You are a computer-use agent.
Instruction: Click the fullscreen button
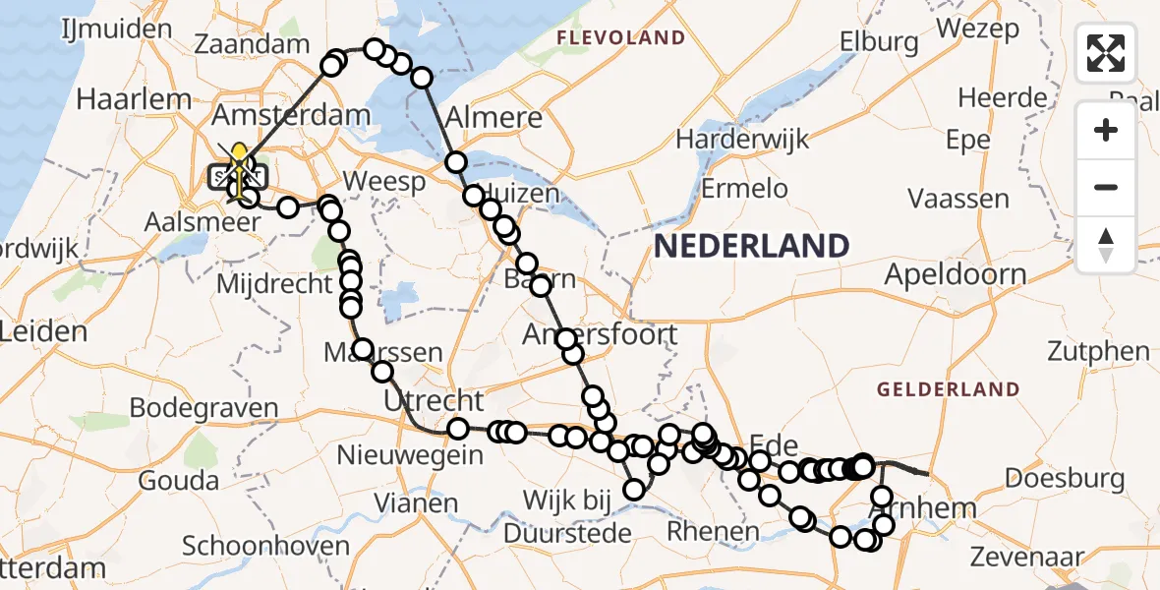(x=1106, y=53)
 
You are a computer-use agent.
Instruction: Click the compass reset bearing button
(x=1106, y=245)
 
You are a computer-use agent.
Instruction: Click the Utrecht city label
(x=435, y=400)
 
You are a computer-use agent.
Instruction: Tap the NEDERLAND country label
(x=752, y=246)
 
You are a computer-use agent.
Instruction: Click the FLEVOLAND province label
(x=620, y=38)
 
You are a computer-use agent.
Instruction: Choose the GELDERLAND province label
(x=948, y=389)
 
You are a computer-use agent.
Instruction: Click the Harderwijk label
(x=756, y=138)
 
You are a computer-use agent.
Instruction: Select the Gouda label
(x=178, y=481)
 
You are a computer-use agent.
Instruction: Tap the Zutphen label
(x=1098, y=351)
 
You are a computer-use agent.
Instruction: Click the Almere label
(x=493, y=118)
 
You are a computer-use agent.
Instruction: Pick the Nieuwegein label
(x=410, y=455)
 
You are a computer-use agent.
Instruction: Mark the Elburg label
(x=879, y=42)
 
